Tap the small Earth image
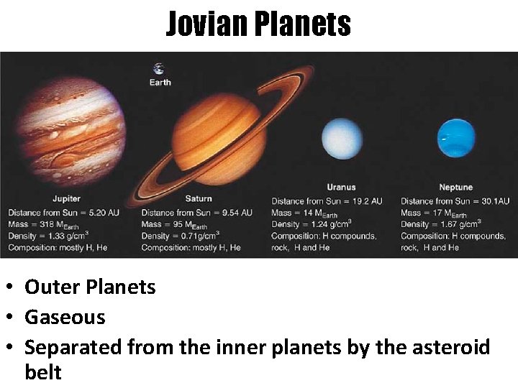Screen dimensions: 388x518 pyautogui.click(x=158, y=69)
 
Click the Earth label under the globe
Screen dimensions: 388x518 pyautogui.click(x=160, y=82)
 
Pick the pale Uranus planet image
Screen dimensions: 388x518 pyautogui.click(x=342, y=140)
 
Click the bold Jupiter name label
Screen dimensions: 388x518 pyautogui.click(x=66, y=198)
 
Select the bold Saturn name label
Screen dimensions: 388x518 pyautogui.click(x=199, y=198)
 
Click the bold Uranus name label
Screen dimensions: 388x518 pyautogui.click(x=341, y=188)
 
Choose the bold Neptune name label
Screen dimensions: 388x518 pyautogui.click(x=455, y=188)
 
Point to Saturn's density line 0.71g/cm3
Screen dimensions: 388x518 pyautogui.click(x=180, y=236)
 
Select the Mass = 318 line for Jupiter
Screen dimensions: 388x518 pyautogui.click(x=43, y=224)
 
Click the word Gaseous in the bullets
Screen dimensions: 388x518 pyautogui.click(x=65, y=317)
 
